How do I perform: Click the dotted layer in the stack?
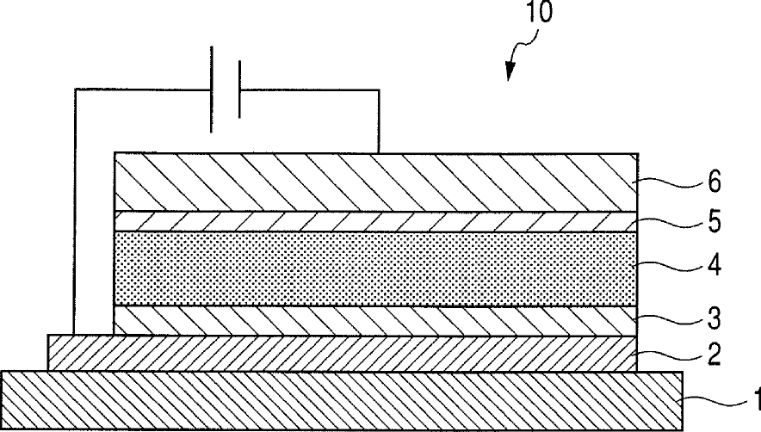(x=375, y=268)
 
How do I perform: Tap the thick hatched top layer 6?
(x=375, y=182)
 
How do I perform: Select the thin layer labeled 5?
(x=375, y=221)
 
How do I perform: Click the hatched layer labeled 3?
(x=375, y=321)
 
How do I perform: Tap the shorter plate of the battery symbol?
(x=238, y=89)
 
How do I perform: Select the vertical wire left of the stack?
(x=75, y=215)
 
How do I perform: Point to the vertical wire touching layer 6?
(x=379, y=120)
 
